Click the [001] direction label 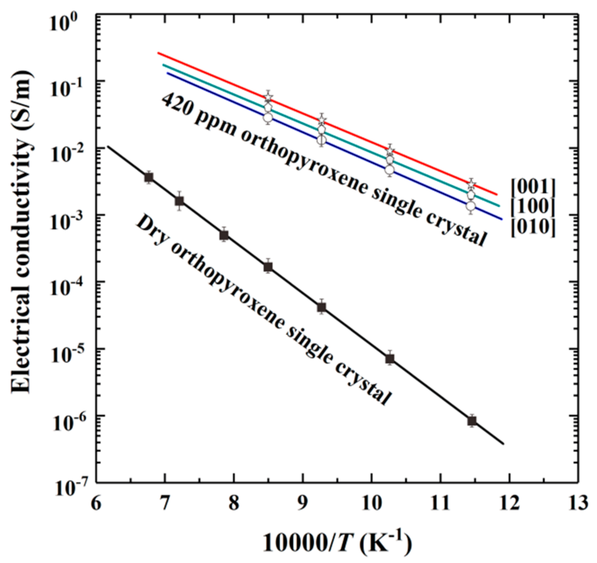(x=532, y=186)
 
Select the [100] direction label (x=532, y=207)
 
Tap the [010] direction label (x=532, y=227)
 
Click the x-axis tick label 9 (x=303, y=502)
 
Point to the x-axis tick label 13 (x=578, y=502)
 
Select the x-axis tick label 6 (x=96, y=502)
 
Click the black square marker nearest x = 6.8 (x=149, y=177)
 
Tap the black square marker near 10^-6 (x=472, y=421)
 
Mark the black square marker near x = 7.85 (x=224, y=235)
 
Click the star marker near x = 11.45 (x=471, y=184)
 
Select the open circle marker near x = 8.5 (x=268, y=117)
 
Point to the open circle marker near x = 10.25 (x=390, y=170)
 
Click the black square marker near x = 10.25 (x=390, y=359)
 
